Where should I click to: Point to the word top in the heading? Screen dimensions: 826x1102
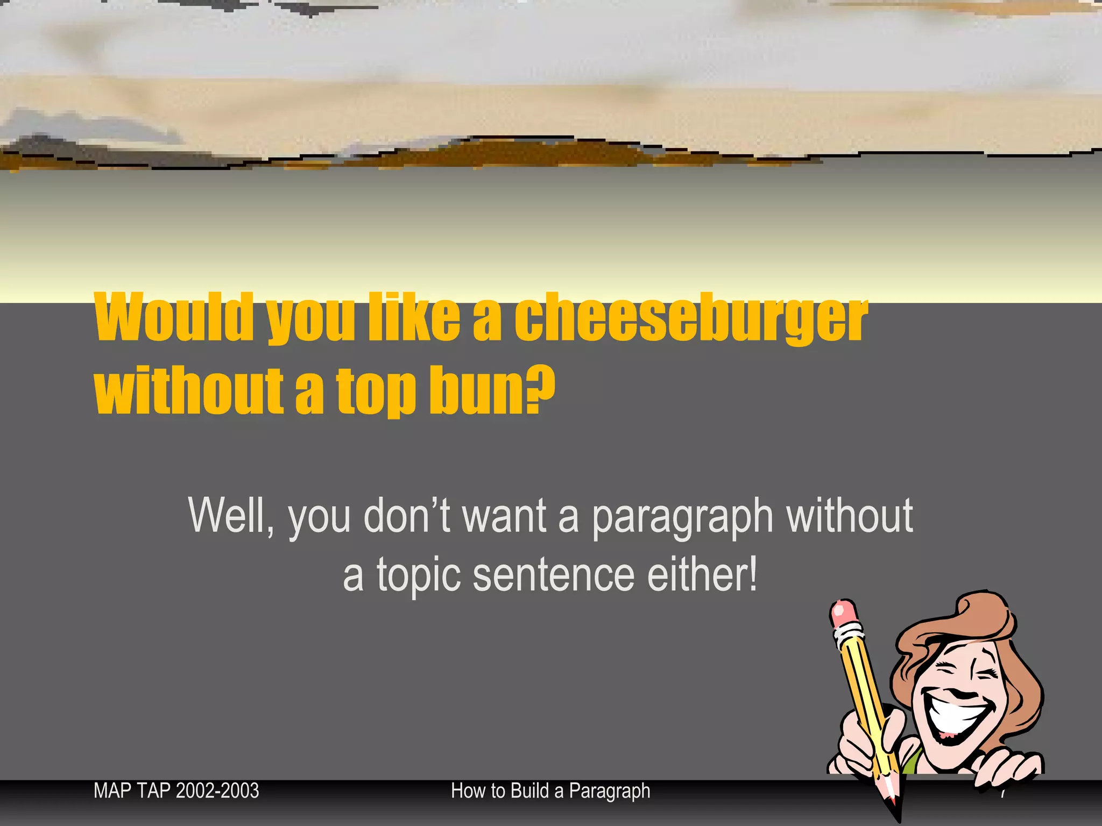coord(376,391)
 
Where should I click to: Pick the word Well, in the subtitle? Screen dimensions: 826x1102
coord(231,516)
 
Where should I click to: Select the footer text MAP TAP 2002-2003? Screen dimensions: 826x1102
coord(176,791)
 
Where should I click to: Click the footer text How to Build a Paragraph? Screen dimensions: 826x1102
coord(550,791)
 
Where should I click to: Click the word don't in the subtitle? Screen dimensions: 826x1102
coord(407,516)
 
